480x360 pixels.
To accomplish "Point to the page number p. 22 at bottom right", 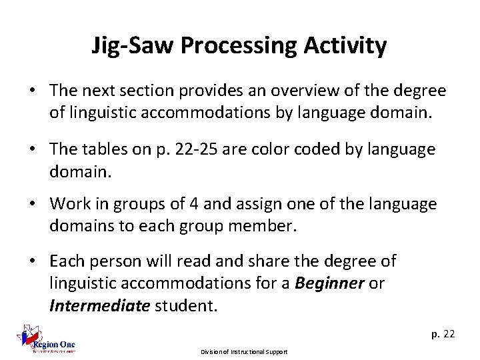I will click(442, 334).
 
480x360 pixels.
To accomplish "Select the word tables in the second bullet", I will click(114, 149).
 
